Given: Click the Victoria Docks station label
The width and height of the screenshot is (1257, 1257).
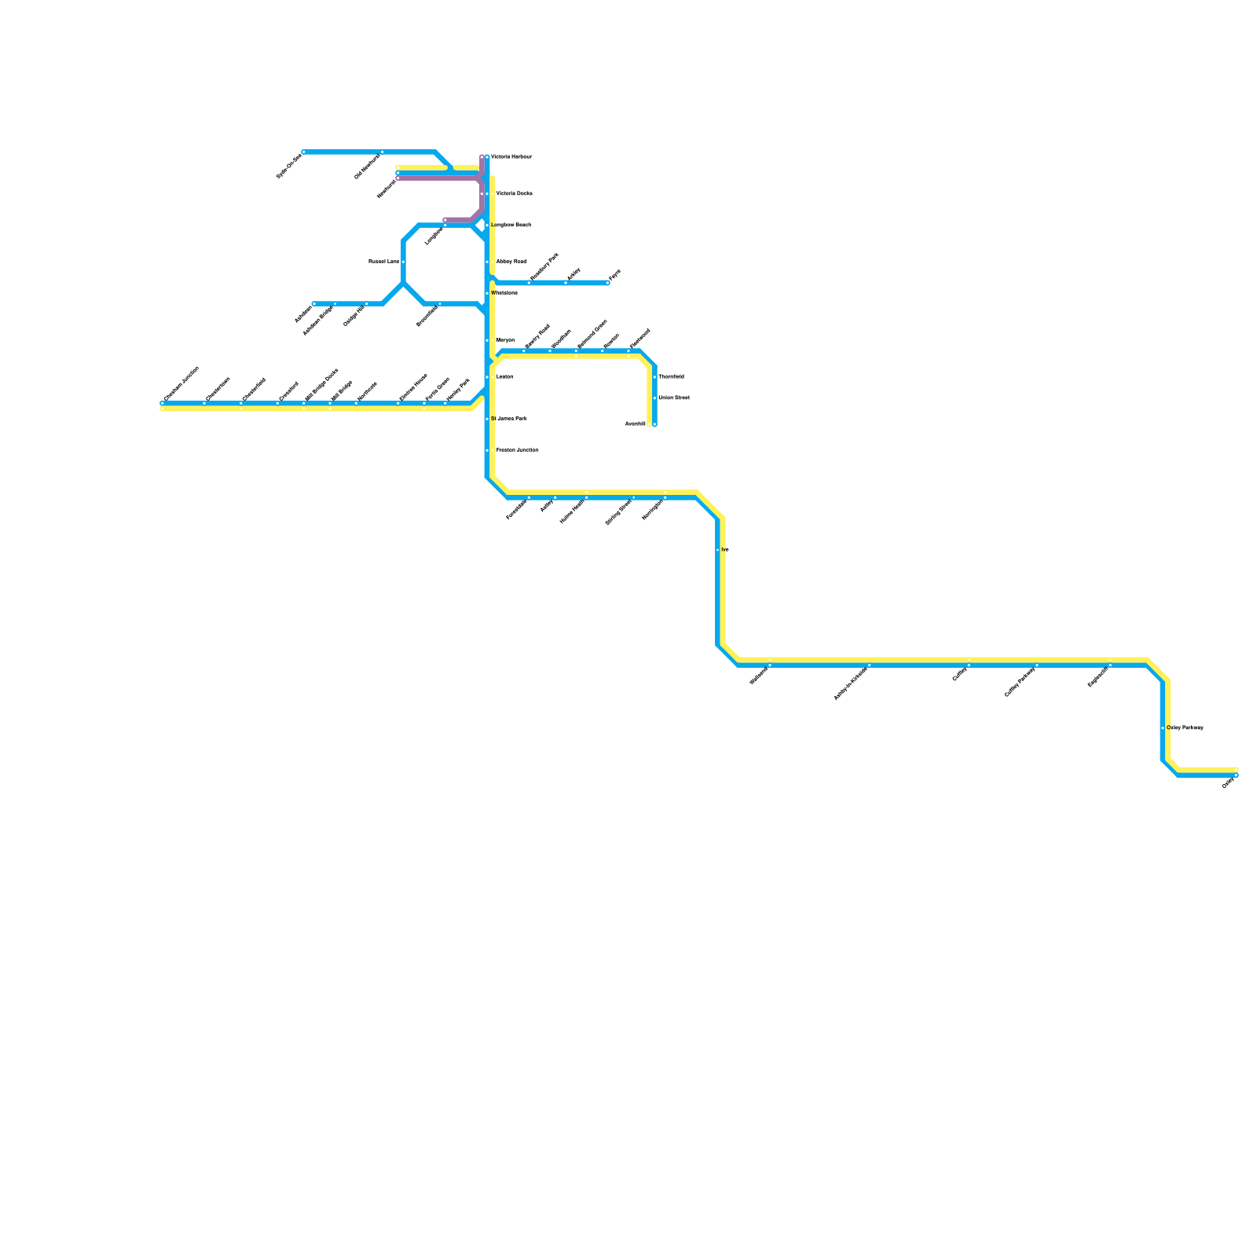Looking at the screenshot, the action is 514,193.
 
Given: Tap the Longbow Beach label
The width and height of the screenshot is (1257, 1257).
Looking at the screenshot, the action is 511,225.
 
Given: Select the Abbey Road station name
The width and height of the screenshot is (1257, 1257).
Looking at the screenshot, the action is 511,262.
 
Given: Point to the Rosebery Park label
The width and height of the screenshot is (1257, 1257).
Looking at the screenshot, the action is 544,266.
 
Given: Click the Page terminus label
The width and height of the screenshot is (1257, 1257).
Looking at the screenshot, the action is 614,275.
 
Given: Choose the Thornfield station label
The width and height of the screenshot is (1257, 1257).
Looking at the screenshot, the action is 671,377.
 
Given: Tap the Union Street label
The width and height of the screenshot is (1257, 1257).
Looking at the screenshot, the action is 673,398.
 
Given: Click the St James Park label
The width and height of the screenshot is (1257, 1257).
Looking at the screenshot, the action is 508,419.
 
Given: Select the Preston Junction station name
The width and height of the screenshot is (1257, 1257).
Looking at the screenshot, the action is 517,450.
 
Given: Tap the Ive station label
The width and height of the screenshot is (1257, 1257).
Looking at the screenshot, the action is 725,550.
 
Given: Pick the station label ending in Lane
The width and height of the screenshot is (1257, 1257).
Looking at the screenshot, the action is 384,262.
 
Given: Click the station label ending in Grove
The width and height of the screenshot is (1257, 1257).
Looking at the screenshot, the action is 592,334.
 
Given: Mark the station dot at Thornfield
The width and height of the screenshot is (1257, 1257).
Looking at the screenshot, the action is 654,377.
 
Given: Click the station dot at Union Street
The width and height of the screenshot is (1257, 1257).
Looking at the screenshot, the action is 654,398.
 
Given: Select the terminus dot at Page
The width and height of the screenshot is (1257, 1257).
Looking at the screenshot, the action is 607,283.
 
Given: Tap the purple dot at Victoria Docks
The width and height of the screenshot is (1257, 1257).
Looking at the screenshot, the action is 482,193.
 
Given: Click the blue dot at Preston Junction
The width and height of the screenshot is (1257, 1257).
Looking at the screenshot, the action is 487,450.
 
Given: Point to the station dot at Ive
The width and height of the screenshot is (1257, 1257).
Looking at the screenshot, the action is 718,550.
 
